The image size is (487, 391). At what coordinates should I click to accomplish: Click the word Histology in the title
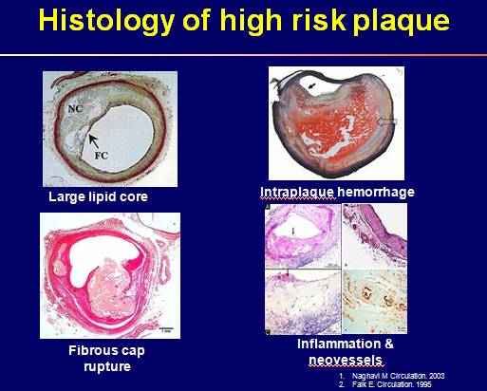[x=106, y=21]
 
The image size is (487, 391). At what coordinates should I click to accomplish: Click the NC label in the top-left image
[x=75, y=108]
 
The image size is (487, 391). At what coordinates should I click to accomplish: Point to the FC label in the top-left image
[x=102, y=156]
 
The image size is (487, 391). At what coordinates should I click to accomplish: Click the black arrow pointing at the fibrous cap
[x=94, y=140]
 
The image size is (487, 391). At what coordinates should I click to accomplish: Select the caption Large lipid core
[x=98, y=196]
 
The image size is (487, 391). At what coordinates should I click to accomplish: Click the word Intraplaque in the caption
[x=297, y=192]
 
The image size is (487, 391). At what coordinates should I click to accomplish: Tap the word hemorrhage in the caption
[x=376, y=192]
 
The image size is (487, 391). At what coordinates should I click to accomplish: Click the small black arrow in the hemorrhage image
[x=312, y=85]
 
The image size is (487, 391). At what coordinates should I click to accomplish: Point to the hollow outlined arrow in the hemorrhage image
[x=387, y=121]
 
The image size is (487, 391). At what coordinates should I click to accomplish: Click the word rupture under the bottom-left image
[x=107, y=366]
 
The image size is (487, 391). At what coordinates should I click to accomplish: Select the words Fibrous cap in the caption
[x=106, y=350]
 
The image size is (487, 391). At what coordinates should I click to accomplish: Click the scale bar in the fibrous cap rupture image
[x=166, y=328]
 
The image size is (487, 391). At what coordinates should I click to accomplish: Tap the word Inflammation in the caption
[x=339, y=344]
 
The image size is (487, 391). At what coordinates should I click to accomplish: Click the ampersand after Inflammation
[x=389, y=344]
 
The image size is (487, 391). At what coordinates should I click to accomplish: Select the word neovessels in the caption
[x=346, y=360]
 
